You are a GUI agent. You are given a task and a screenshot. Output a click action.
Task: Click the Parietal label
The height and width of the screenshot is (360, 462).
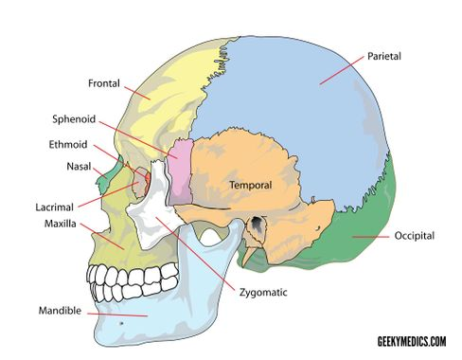tap(384, 57)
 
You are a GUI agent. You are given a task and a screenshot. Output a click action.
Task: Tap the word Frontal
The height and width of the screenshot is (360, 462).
tap(104, 83)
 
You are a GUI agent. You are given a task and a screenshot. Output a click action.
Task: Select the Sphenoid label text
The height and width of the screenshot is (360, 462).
tap(74, 119)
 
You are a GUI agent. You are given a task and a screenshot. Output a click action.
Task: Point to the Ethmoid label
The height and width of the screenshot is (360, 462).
tap(68, 145)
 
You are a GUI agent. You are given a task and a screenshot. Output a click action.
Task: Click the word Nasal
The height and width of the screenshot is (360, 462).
tap(79, 167)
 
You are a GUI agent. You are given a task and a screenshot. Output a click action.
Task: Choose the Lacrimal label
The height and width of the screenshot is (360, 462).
tap(54, 207)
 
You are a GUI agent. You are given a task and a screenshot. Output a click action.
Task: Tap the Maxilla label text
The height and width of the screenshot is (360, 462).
tap(61, 224)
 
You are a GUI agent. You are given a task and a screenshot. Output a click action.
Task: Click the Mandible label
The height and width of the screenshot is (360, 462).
tap(60, 311)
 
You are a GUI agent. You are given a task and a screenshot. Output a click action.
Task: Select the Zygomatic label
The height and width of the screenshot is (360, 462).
tap(263, 293)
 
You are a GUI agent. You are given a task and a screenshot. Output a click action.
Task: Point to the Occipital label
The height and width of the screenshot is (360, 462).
tap(415, 236)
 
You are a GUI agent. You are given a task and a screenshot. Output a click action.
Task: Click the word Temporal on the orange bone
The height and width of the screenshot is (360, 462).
tap(251, 185)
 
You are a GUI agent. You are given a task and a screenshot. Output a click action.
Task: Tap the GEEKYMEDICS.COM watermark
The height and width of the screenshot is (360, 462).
tap(412, 341)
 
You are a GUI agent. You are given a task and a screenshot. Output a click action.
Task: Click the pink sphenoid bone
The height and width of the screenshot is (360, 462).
tap(179, 172)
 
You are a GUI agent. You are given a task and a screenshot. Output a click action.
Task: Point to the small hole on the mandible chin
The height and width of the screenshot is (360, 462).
tap(121, 323)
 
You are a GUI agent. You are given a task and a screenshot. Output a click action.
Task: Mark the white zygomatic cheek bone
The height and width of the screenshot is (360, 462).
tap(151, 206)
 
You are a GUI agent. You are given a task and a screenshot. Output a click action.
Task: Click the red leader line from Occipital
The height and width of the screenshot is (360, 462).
tap(371, 237)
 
